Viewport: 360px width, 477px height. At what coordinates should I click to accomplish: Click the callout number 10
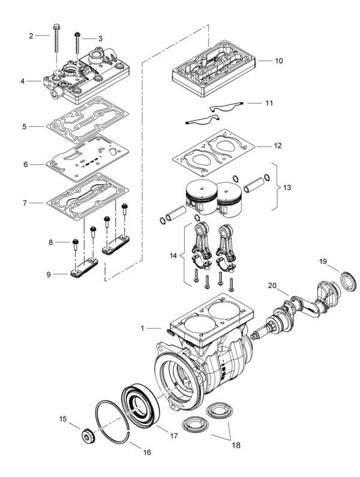(x=279, y=61)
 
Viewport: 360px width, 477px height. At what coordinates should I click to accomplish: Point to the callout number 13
(x=287, y=187)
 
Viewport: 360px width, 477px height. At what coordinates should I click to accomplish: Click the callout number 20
(x=272, y=286)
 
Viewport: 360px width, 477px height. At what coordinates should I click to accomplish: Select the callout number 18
(x=236, y=445)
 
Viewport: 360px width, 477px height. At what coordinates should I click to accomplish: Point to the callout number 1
(x=142, y=328)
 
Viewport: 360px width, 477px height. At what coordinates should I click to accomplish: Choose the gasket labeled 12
(x=214, y=152)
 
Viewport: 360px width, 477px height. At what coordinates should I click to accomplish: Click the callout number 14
(x=173, y=256)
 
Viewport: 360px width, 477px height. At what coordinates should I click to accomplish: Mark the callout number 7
(x=25, y=203)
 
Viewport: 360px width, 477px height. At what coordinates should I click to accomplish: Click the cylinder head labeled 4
(x=87, y=76)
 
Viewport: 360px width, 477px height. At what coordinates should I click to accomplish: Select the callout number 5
(x=25, y=127)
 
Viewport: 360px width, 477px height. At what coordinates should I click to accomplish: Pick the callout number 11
(x=269, y=103)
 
